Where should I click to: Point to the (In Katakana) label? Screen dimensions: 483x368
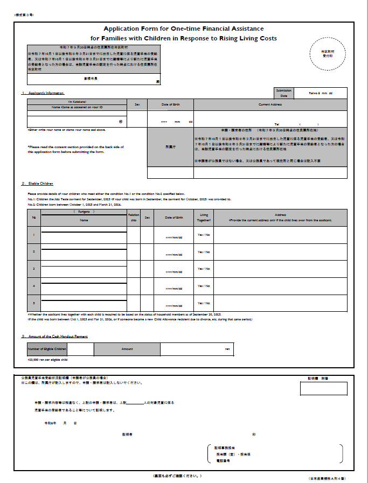77,102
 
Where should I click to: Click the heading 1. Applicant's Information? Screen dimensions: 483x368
43,94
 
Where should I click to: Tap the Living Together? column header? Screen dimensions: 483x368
204,217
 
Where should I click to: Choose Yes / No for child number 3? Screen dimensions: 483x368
204,269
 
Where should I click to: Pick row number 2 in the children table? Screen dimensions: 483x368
34,251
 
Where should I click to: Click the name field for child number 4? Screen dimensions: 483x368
84,288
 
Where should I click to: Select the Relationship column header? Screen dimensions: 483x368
134,217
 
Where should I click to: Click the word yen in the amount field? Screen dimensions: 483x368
227,349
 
